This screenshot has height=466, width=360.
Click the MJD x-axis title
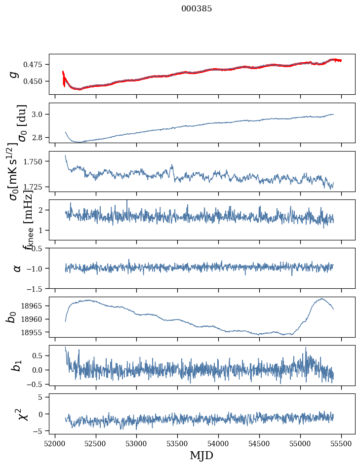click(201, 455)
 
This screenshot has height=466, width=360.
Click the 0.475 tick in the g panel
click(35, 65)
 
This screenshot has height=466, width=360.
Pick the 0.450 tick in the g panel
click(35, 81)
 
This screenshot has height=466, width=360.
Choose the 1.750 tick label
click(35, 161)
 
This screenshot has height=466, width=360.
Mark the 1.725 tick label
click(35, 187)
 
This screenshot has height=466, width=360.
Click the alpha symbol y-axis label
click(17, 268)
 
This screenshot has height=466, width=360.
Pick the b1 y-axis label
click(16, 365)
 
